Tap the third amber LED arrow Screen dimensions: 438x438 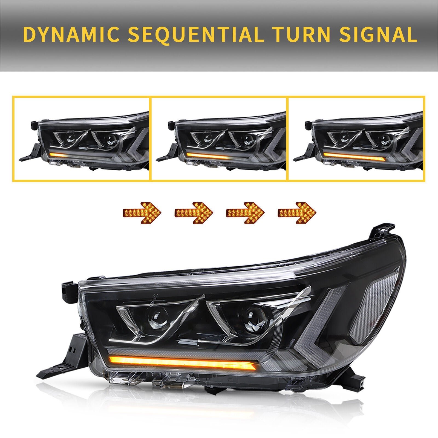click(245, 212)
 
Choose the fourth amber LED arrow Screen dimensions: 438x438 click(297, 212)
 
